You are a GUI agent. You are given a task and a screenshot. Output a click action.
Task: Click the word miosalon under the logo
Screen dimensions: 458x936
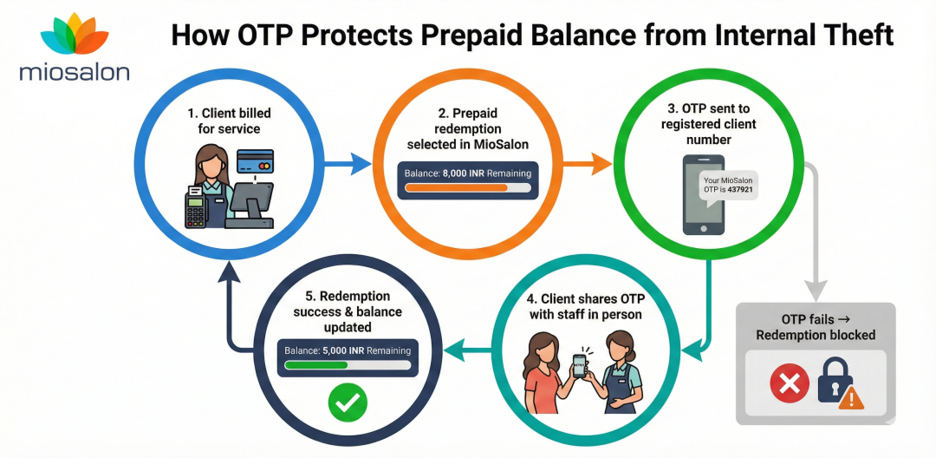point(74,71)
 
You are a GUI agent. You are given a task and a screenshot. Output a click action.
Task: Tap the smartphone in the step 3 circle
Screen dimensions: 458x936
point(703,194)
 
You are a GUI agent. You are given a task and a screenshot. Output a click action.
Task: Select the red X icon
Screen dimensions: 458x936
point(789,382)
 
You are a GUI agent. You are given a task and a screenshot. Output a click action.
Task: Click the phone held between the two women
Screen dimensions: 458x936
point(580,367)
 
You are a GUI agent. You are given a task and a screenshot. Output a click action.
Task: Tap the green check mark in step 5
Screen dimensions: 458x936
point(348,401)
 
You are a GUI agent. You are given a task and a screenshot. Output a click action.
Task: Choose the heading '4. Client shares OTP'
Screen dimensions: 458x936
point(586,298)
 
